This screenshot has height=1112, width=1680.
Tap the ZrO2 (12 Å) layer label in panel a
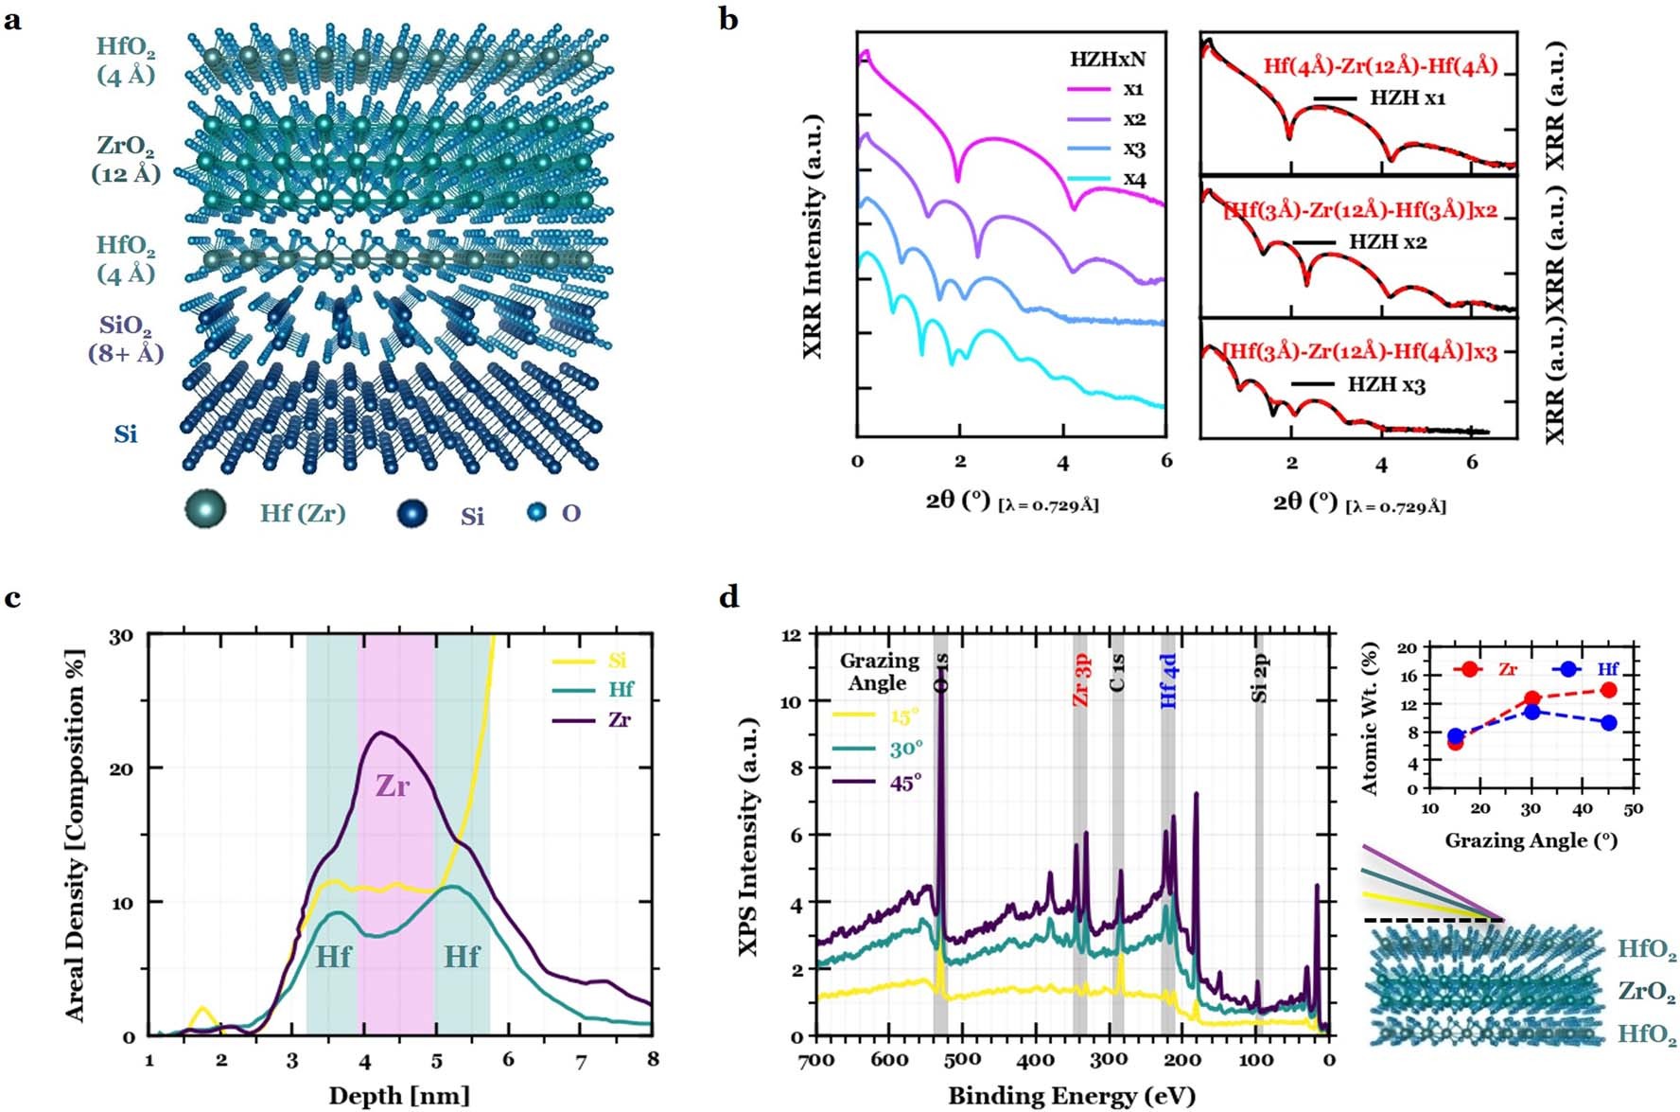point(126,159)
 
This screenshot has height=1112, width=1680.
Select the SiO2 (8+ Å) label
point(126,340)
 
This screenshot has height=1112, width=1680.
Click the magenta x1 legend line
point(1089,89)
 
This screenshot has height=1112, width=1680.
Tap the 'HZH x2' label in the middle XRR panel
point(1388,242)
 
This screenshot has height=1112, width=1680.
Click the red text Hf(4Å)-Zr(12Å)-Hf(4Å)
point(1380,66)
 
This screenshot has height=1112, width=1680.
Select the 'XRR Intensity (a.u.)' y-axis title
point(812,237)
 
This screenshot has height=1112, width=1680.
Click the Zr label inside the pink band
point(392,785)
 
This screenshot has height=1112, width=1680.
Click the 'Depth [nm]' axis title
point(399,1095)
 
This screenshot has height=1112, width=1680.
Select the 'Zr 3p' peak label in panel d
point(1081,679)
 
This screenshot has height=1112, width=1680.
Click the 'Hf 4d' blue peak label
point(1170,679)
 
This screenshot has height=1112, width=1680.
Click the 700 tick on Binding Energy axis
point(815,1060)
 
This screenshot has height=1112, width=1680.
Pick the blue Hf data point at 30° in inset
point(1532,712)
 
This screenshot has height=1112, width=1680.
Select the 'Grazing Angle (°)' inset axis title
point(1531,840)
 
